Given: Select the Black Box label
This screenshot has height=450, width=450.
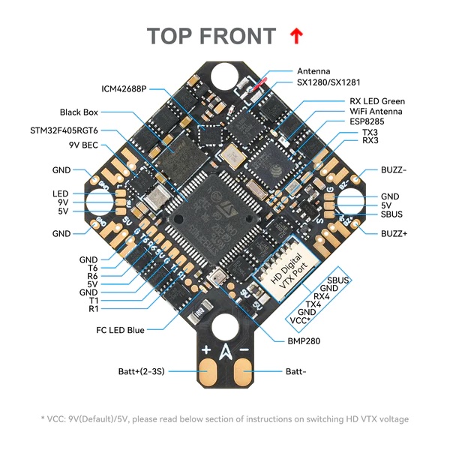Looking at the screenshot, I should coord(79,112).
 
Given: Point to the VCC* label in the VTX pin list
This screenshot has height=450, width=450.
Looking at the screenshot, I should coord(300,319).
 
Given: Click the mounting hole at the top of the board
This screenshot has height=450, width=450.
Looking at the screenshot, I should coord(224,75).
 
